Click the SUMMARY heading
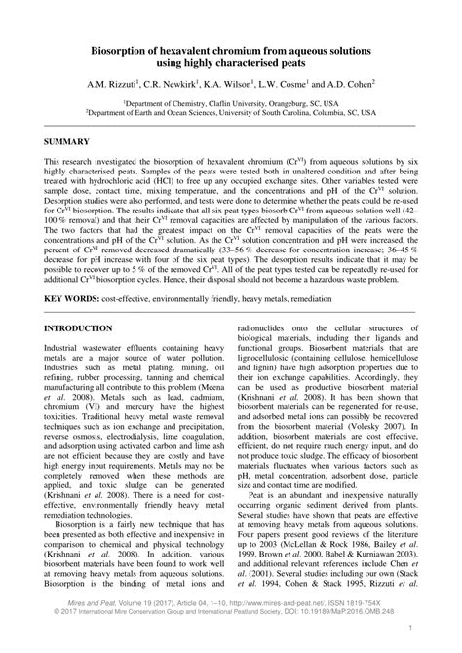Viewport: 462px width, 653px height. point(69,141)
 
